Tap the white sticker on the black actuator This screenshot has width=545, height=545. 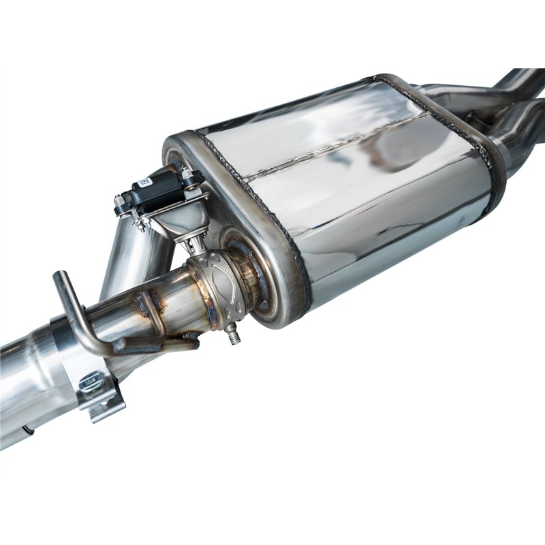(x=145, y=182)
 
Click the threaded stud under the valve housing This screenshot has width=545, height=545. (x=234, y=334)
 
